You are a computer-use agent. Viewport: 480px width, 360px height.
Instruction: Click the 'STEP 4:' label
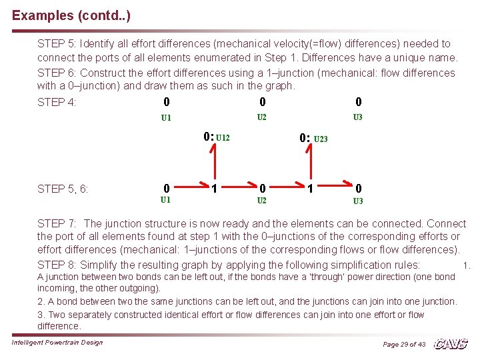(x=57, y=103)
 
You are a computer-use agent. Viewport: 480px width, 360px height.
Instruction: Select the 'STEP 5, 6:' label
(x=63, y=189)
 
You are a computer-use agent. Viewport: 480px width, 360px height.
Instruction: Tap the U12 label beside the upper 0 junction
(x=223, y=138)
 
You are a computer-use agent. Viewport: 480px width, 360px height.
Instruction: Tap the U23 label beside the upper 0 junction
(x=320, y=139)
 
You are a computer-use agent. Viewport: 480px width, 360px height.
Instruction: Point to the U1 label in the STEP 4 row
(x=166, y=118)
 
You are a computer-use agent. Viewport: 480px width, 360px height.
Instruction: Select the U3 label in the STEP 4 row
(x=358, y=117)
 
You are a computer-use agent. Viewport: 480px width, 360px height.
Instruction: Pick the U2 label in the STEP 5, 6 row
(x=262, y=201)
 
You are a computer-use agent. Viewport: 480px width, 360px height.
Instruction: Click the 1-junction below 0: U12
(x=213, y=189)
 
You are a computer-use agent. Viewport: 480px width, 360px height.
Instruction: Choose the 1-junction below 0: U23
(x=310, y=189)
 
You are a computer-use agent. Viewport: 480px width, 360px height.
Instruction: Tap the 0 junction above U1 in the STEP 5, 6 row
(x=166, y=188)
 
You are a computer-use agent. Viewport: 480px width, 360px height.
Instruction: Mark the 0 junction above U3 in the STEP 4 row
(x=359, y=102)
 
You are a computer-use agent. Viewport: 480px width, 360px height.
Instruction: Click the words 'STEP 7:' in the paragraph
(x=57, y=224)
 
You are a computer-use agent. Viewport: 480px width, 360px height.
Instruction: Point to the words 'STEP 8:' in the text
(x=57, y=264)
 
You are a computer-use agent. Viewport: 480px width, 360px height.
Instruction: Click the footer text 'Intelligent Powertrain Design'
(x=57, y=342)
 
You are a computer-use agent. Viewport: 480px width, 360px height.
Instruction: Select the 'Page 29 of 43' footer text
(x=404, y=344)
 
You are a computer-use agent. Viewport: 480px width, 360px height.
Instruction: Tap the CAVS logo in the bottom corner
(x=451, y=343)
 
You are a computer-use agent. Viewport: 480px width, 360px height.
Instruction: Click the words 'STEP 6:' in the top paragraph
(x=57, y=73)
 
